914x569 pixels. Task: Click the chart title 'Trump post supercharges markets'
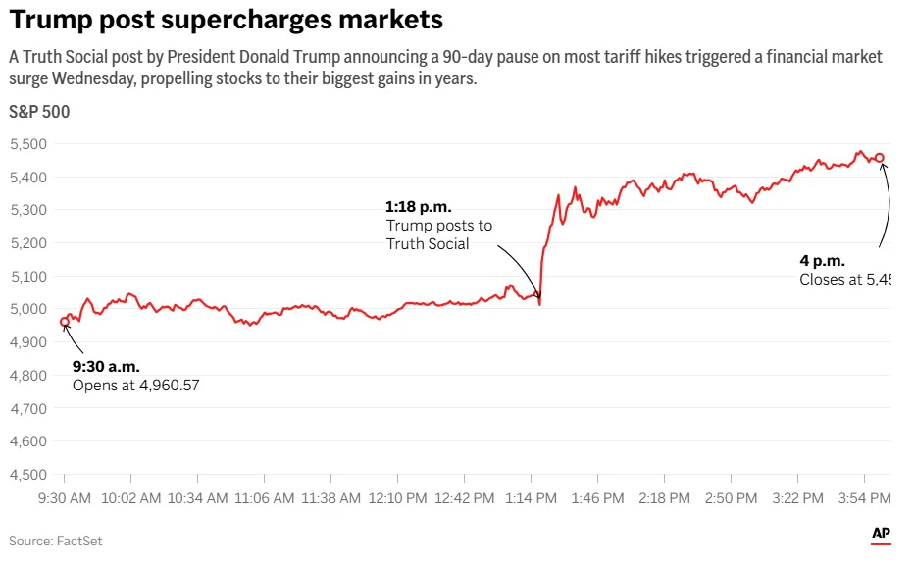point(226,20)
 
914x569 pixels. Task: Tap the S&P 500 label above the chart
point(39,112)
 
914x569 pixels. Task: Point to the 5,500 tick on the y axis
point(28,144)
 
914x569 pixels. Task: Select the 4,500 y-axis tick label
point(28,475)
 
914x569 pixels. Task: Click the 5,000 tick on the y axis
point(28,310)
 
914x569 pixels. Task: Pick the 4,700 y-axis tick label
point(28,409)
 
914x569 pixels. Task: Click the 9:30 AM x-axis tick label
point(64,498)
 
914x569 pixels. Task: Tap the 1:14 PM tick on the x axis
point(531,498)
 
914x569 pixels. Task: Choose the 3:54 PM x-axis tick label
point(864,498)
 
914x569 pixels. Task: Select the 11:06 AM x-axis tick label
point(264,498)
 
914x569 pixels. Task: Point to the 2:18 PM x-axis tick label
point(664,498)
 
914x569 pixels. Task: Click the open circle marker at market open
point(65,322)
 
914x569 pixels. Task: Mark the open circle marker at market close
point(880,158)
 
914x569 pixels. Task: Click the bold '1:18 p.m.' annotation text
point(418,207)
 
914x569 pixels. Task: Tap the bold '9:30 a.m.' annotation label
point(106,367)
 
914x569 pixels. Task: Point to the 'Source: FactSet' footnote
point(56,541)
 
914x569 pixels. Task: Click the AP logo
point(881,534)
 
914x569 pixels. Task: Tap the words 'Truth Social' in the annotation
point(428,243)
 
